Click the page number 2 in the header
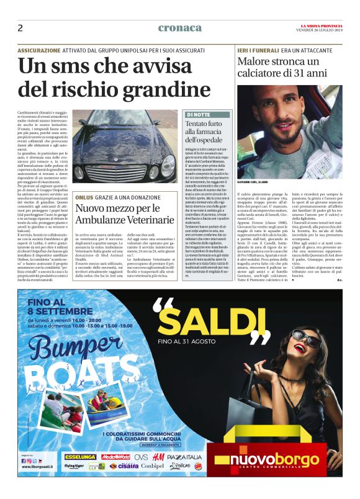pyautogui.click(x=20, y=28)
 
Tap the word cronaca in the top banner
pyautogui.click(x=180, y=28)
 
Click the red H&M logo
pyautogui.click(x=158, y=457)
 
